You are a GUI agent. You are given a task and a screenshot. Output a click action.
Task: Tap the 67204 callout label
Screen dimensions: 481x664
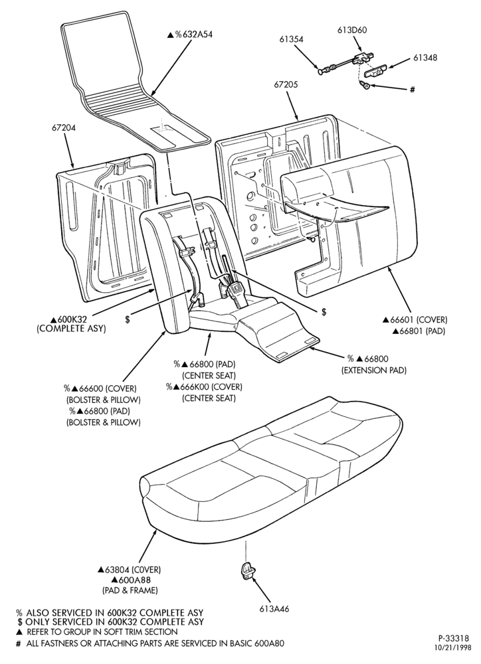(64, 127)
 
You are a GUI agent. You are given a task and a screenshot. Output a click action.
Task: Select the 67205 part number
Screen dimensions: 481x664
(286, 85)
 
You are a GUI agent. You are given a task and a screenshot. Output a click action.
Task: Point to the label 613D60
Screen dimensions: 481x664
(352, 30)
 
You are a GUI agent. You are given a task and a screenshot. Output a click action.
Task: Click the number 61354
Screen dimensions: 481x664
(291, 39)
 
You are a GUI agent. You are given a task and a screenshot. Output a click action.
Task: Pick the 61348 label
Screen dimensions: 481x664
(425, 58)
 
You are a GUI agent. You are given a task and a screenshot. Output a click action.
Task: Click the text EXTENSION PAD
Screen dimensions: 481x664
(374, 370)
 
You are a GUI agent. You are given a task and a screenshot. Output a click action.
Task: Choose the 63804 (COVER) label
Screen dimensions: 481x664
(130, 570)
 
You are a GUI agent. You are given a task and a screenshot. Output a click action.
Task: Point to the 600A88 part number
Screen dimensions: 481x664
(131, 580)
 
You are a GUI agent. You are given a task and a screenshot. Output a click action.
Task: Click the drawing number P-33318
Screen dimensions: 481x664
(454, 637)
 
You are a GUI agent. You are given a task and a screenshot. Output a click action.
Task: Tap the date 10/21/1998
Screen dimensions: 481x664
(452, 647)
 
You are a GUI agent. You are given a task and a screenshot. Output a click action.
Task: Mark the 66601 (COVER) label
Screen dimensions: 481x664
(415, 320)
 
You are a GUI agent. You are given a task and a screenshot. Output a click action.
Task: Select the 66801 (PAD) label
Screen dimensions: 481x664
(419, 331)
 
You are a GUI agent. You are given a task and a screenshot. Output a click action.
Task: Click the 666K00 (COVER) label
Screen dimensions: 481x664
(204, 386)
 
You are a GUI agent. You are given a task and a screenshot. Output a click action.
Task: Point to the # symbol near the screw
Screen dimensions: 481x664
(412, 90)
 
